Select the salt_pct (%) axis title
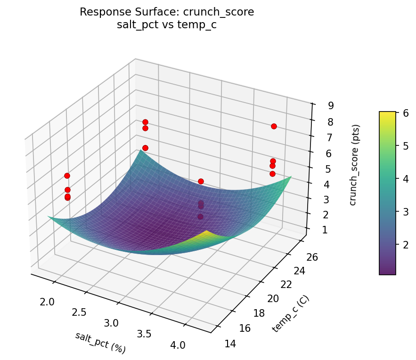click(100, 343)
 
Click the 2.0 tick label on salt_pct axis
click(47, 302)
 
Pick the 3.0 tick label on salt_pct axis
click(112, 323)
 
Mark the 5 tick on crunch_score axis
click(318, 168)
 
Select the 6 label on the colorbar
click(405, 113)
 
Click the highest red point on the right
click(274, 126)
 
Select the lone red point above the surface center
click(201, 181)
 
